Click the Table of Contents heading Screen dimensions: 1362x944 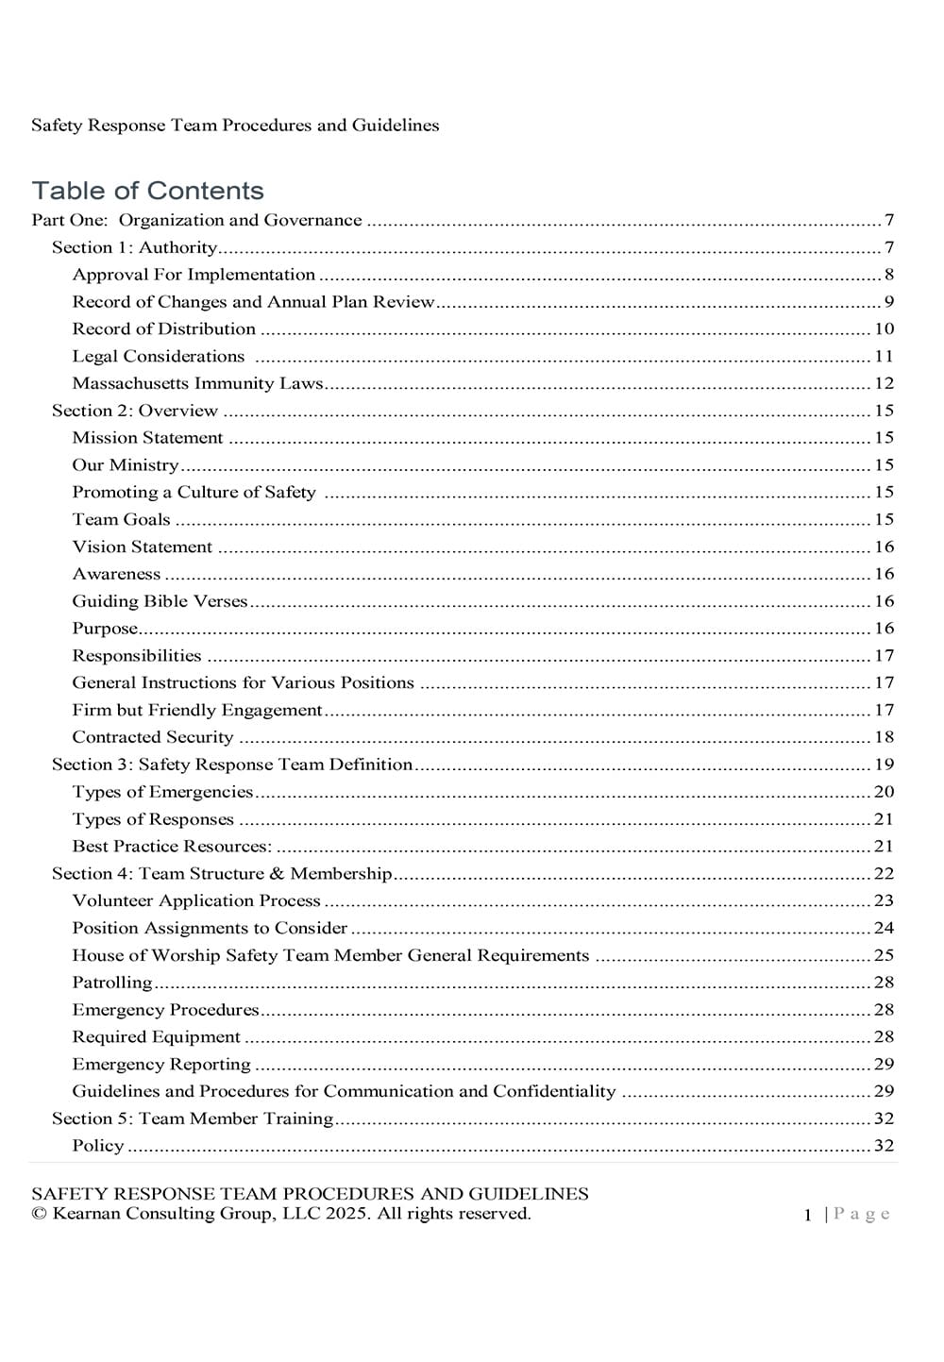(147, 191)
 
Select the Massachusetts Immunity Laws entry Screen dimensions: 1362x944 (197, 383)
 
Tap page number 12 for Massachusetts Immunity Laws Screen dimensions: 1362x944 (884, 383)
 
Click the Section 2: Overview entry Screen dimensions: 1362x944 (134, 411)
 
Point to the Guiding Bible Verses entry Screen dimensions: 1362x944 (160, 601)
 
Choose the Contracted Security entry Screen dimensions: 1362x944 (152, 737)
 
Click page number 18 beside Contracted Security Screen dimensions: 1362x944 (884, 737)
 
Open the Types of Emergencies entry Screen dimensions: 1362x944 (162, 792)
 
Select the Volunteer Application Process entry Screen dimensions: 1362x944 (196, 900)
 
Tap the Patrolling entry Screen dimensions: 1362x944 (111, 983)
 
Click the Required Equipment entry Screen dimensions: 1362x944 (156, 1036)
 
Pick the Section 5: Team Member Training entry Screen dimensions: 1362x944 (193, 1118)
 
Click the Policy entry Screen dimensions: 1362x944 (98, 1146)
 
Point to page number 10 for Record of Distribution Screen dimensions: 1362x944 (884, 329)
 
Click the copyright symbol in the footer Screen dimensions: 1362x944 (39, 1214)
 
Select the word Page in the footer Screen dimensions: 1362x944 (862, 1215)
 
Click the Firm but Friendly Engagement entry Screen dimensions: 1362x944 (197, 710)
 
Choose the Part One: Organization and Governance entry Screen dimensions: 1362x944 (196, 221)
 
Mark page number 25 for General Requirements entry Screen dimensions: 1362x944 (884, 955)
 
